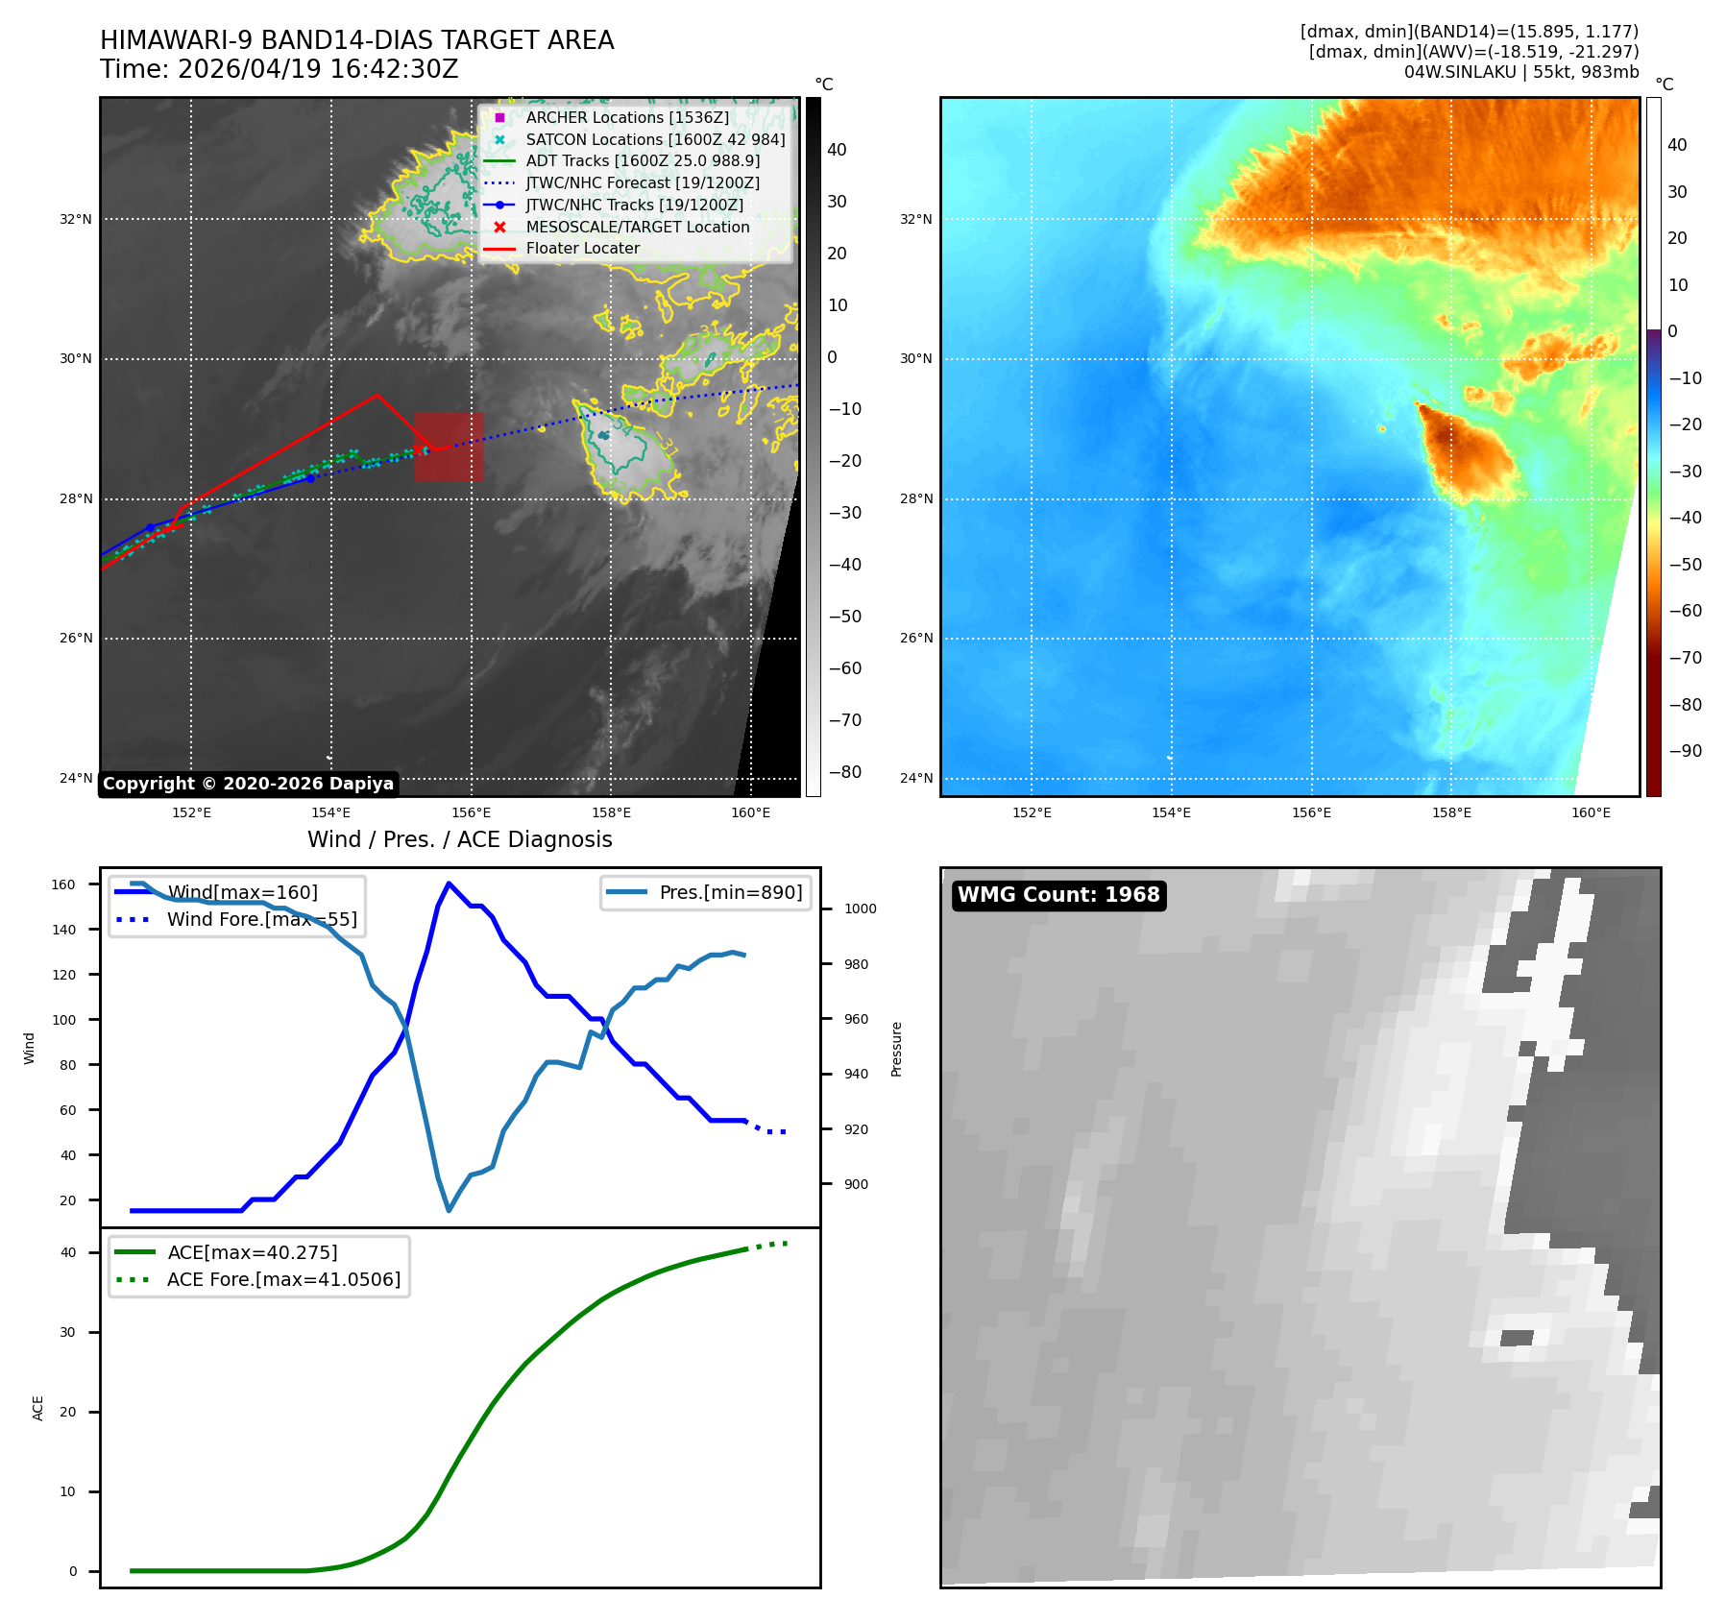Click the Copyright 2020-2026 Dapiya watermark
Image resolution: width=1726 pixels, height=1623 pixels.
point(248,784)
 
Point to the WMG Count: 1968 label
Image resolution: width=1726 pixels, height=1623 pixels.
point(1058,895)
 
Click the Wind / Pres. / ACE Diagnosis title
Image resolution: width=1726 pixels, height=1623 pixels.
point(460,839)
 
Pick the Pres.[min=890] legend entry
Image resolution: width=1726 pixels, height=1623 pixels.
point(706,892)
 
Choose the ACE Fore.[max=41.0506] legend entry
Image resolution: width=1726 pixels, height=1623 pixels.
point(259,1279)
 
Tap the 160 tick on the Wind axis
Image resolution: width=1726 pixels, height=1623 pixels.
point(63,884)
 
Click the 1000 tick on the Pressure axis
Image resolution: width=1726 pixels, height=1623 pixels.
point(861,908)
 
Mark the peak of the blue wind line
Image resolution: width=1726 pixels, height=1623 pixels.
point(449,883)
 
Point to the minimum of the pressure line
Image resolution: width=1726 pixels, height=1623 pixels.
point(449,1210)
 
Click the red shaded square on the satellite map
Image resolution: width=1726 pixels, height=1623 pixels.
point(449,447)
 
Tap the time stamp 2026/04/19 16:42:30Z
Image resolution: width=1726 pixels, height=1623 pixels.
point(318,69)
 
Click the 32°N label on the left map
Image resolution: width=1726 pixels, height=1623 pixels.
point(76,219)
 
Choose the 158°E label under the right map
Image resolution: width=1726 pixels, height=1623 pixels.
point(1451,812)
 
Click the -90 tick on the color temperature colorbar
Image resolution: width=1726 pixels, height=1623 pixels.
point(1685,751)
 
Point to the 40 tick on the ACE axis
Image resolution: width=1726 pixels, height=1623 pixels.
point(68,1252)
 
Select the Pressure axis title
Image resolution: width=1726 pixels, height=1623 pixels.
point(896,1049)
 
